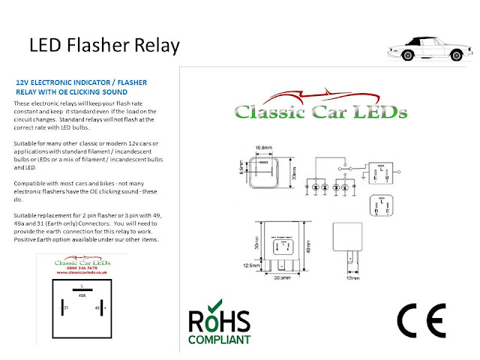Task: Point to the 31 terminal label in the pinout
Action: pos(65,307)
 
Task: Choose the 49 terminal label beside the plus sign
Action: pos(97,307)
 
